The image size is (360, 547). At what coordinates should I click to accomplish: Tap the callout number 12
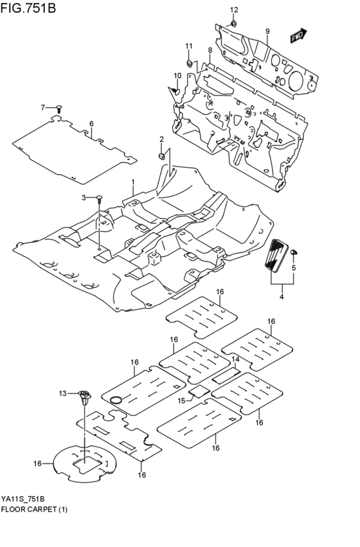[x=234, y=10]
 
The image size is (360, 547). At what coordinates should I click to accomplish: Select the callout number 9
[x=267, y=31]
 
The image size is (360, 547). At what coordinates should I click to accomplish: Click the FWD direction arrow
[x=298, y=36]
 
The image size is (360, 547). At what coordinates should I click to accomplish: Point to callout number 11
[x=189, y=46]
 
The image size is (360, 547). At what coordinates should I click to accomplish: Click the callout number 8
[x=210, y=50]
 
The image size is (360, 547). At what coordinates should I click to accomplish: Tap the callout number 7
[x=44, y=107]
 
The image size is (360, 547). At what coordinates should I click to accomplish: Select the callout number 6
[x=91, y=123]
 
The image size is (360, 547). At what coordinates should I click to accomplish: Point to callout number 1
[x=133, y=182]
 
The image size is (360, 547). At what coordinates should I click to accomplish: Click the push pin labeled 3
[x=100, y=201]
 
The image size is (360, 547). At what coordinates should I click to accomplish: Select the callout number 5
[x=293, y=267]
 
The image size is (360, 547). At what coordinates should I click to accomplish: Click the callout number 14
[x=235, y=359]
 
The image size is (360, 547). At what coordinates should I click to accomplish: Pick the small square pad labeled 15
[x=198, y=391]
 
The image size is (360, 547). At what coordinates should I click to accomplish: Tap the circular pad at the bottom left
[x=82, y=462]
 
